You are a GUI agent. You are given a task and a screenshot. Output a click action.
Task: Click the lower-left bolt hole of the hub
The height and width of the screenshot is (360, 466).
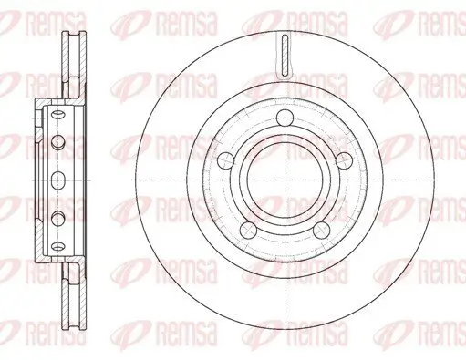[x=253, y=218]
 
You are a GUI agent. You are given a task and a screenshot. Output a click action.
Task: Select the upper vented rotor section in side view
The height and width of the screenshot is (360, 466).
[x=69, y=64]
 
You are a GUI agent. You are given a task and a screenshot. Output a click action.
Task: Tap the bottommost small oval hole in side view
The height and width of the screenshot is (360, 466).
[x=60, y=242]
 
